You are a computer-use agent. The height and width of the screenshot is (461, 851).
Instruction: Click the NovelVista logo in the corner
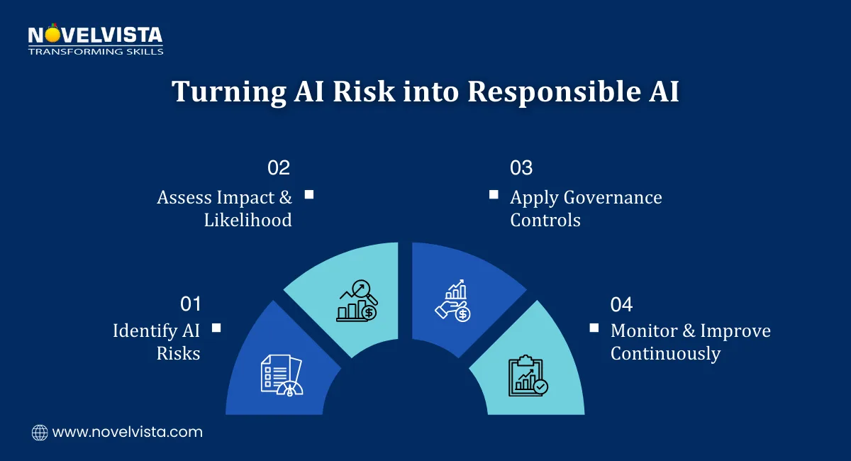(95, 40)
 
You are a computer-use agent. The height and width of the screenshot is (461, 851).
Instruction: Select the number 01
(191, 304)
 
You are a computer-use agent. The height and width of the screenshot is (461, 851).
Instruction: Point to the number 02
(279, 168)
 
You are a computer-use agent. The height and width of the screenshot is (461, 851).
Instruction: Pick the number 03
(521, 168)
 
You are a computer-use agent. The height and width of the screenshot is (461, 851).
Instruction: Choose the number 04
(621, 304)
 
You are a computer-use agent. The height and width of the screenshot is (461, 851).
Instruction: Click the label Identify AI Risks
(157, 341)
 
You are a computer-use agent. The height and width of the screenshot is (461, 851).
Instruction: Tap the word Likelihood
(247, 220)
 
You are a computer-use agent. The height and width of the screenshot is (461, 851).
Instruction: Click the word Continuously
(665, 353)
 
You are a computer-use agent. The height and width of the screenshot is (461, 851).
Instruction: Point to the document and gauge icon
(280, 375)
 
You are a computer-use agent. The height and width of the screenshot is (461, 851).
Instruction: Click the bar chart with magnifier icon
(357, 301)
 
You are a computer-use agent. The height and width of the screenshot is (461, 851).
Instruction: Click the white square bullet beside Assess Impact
(308, 194)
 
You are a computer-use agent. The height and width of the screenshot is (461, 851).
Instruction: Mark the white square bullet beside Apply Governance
(494, 194)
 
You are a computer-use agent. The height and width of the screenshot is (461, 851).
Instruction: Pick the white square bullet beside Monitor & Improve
(594, 328)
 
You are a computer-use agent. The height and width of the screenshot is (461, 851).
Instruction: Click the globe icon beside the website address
(40, 432)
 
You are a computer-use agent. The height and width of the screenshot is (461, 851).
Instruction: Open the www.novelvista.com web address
(128, 432)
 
